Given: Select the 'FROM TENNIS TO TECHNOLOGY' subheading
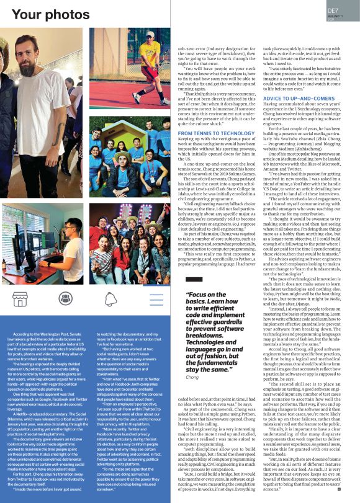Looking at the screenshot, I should [x=215, y=133].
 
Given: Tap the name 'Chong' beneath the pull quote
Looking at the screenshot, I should [x=193, y=377].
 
